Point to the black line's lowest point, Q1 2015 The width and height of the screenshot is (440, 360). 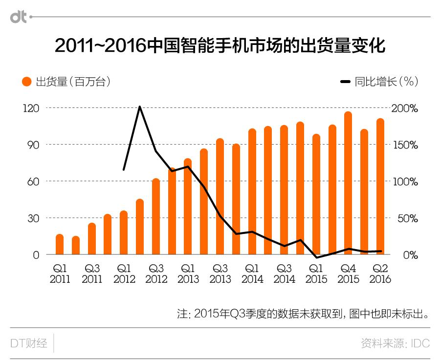[316, 257]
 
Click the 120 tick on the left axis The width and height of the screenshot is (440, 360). [31, 108]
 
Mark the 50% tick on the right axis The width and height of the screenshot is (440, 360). [407, 218]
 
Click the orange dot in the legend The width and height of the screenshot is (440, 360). [26, 82]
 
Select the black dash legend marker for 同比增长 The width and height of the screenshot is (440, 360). [345, 82]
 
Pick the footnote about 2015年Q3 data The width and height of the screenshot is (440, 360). [303, 314]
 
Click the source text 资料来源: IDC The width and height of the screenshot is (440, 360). [395, 343]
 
